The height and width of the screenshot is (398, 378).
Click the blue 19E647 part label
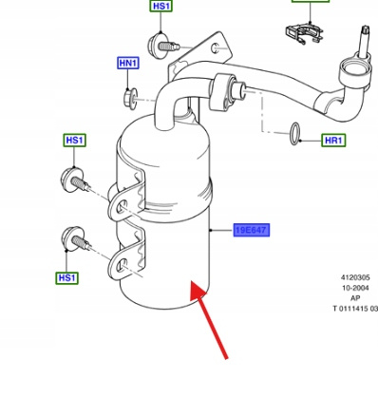click(252, 230)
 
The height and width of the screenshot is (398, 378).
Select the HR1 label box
click(333, 140)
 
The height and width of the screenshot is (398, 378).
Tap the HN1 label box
click(128, 63)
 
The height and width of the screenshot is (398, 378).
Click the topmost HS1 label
click(161, 6)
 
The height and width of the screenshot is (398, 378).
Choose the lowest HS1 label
click(66, 278)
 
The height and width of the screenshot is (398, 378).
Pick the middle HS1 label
click(75, 140)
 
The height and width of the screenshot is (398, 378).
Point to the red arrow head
click(198, 290)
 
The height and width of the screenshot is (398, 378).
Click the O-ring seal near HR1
click(295, 133)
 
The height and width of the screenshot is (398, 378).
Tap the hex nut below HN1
click(130, 99)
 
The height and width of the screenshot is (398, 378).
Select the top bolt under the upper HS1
click(162, 46)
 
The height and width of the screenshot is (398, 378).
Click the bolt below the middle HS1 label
click(75, 180)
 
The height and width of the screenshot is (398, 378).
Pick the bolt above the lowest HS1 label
click(76, 239)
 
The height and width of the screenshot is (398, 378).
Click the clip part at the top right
click(304, 33)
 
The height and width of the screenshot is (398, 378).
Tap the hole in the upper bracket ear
click(122, 207)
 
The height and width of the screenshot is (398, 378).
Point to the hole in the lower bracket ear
click(122, 265)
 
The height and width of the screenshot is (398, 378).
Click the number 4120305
click(355, 277)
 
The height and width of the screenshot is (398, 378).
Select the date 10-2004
click(355, 288)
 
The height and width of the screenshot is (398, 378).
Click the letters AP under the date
click(355, 298)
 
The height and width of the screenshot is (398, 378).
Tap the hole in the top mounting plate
click(215, 48)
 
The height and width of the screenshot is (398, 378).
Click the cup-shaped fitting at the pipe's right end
click(354, 72)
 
